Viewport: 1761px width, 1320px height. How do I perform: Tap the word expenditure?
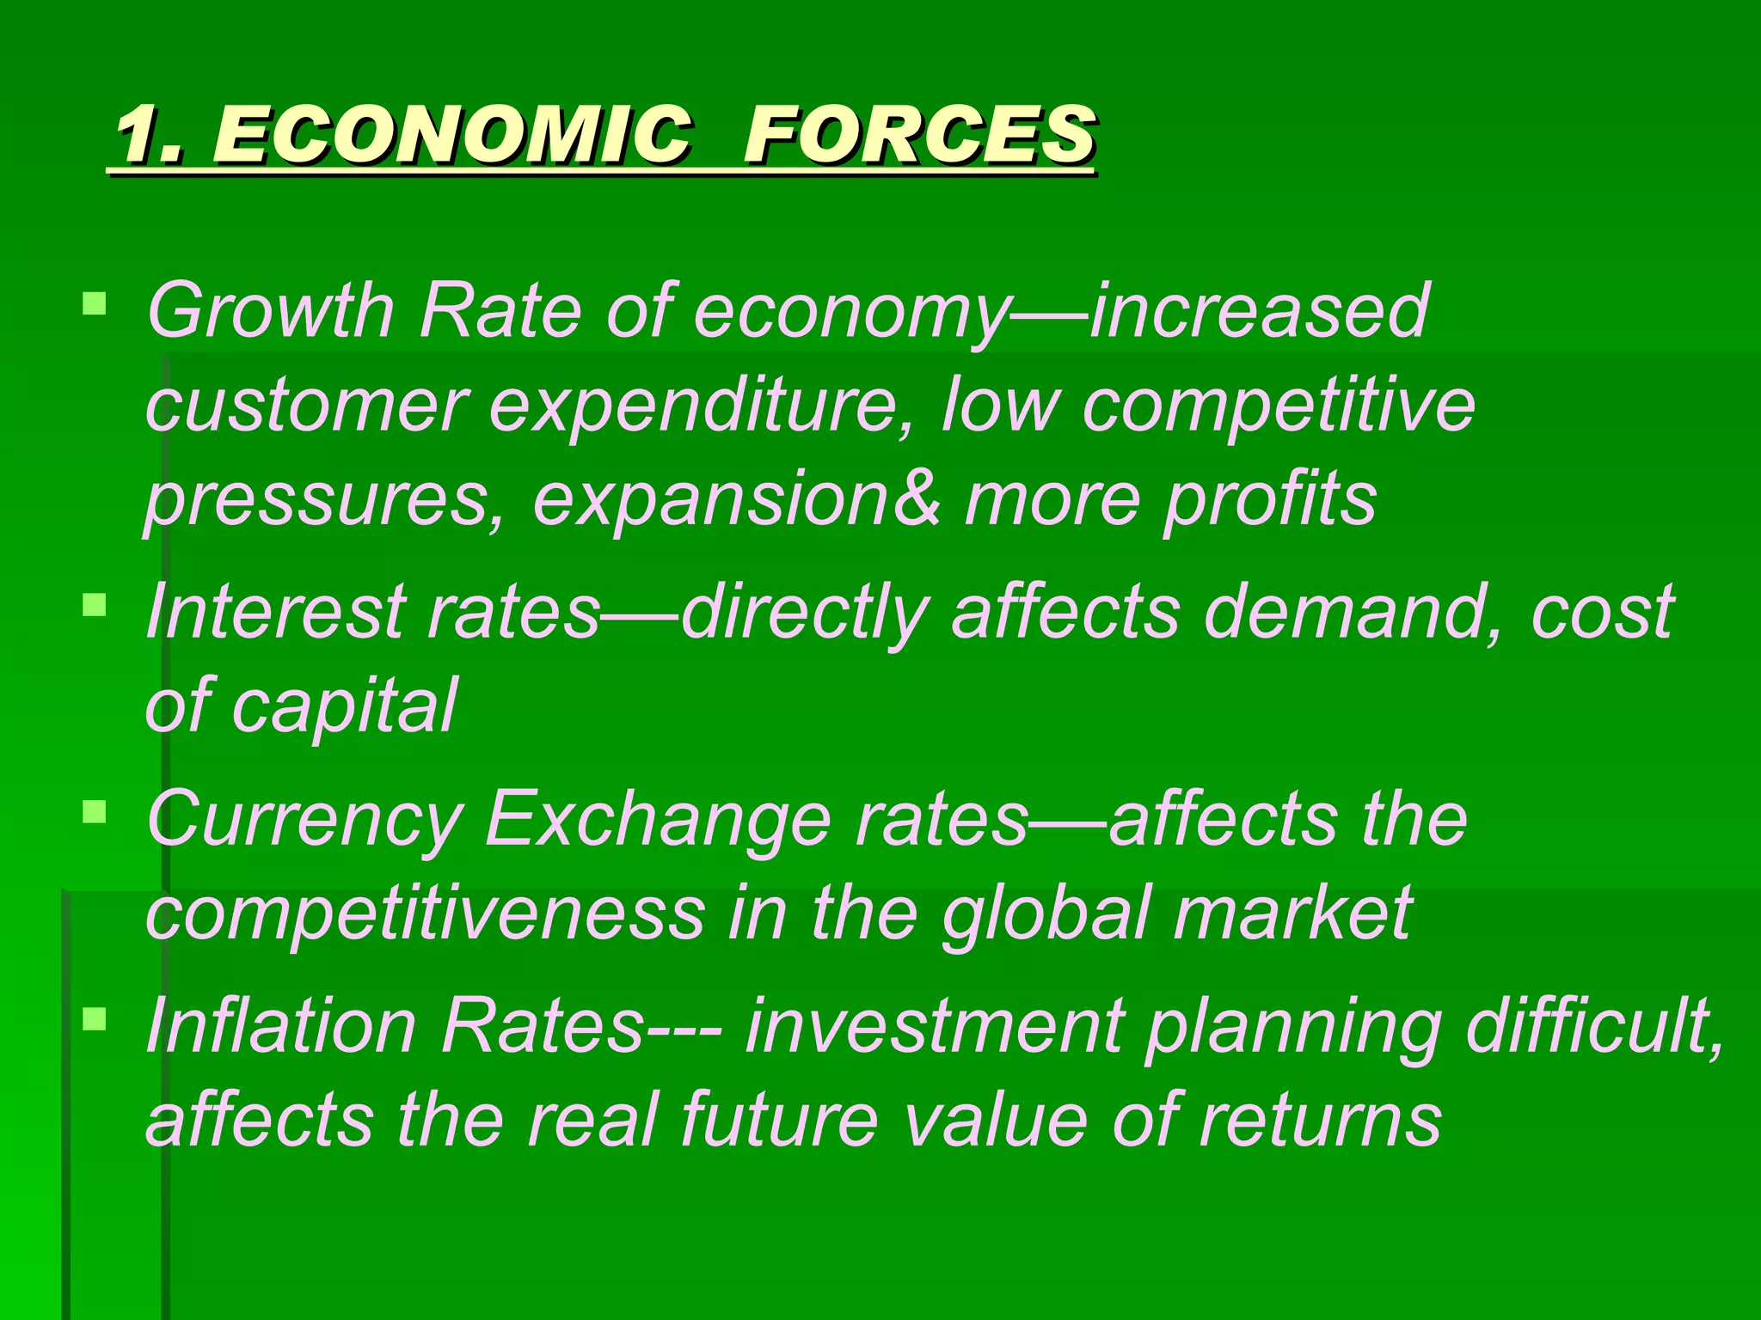693,406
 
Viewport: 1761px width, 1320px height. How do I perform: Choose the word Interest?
275,612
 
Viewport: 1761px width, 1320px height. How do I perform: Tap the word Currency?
304,822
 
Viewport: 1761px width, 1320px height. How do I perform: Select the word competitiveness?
425,913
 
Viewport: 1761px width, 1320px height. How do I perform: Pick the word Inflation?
280,1026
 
